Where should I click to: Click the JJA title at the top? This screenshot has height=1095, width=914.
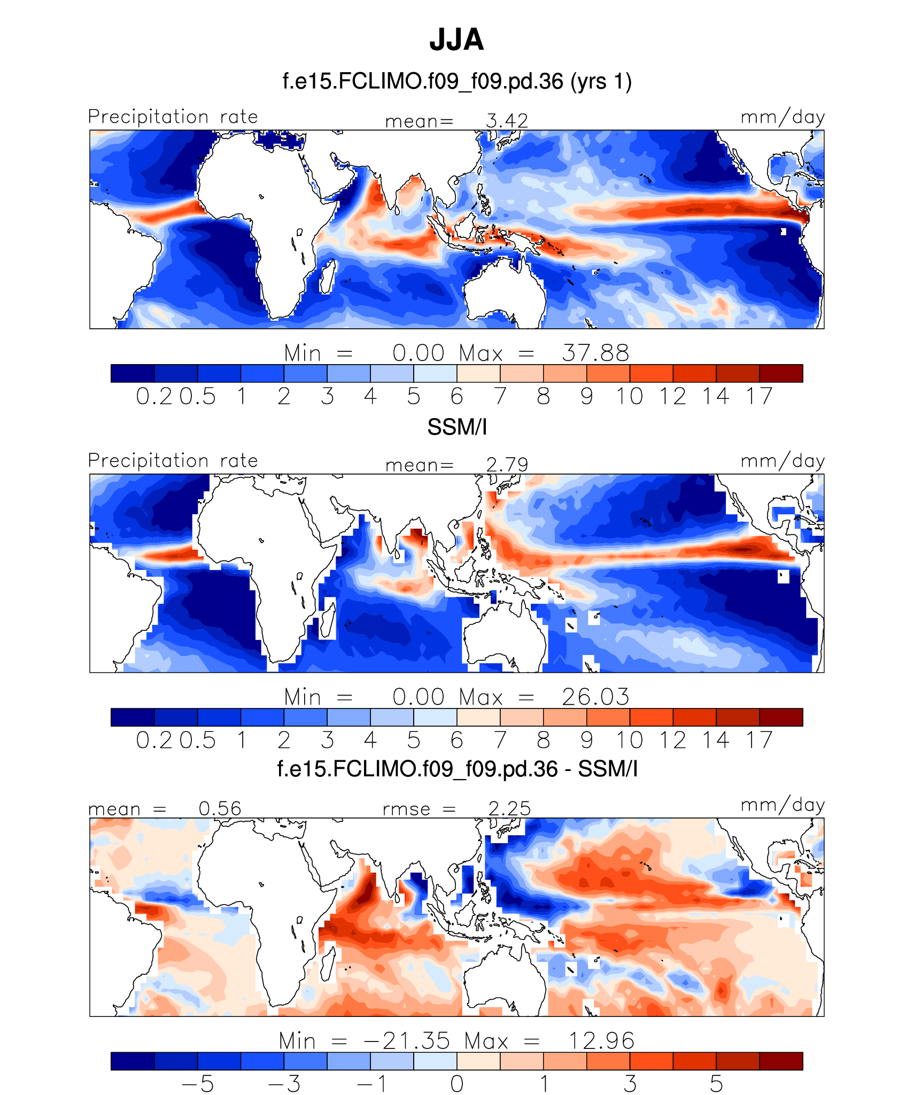coord(456,40)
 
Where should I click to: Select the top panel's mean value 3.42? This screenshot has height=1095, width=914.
coord(507,121)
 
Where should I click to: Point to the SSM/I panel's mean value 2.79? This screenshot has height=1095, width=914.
coord(507,465)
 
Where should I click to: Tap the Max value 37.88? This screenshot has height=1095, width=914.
coord(595,353)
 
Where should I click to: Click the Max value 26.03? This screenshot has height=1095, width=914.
coord(595,697)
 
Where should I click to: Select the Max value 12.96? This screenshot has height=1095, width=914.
coord(601,1041)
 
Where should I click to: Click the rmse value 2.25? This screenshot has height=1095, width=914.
coord(509,808)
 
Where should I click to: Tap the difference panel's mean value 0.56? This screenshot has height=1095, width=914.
coord(220,808)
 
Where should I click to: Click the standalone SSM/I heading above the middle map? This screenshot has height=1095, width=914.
coord(457,427)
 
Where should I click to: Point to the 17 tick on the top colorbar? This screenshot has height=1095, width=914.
coord(760,397)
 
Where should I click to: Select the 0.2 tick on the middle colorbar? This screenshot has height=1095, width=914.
coord(154,741)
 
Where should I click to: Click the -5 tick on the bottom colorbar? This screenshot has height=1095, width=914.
coord(198,1084)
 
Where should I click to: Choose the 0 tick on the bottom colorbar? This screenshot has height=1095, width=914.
coord(457,1084)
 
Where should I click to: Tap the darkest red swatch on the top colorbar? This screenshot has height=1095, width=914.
coord(781,373)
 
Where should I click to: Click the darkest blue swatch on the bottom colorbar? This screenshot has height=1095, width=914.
coord(133,1061)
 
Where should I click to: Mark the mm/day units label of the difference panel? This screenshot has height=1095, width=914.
coord(783,805)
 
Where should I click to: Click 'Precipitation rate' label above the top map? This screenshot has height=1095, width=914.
coord(173,117)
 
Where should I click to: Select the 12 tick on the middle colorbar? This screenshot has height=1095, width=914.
coord(672,741)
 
